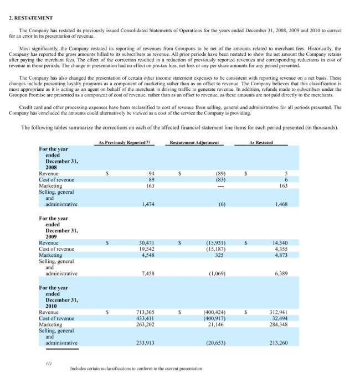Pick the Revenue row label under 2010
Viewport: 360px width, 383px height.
click(49, 312)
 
